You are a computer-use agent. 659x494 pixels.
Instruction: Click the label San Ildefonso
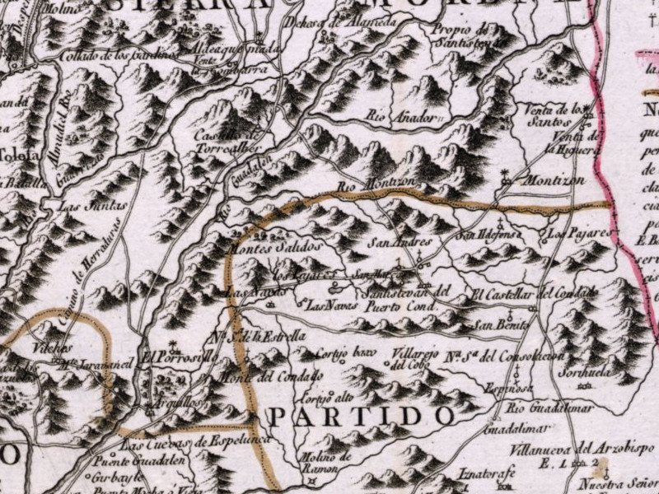point(490,235)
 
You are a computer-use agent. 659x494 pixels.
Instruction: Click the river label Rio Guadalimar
point(544,408)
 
